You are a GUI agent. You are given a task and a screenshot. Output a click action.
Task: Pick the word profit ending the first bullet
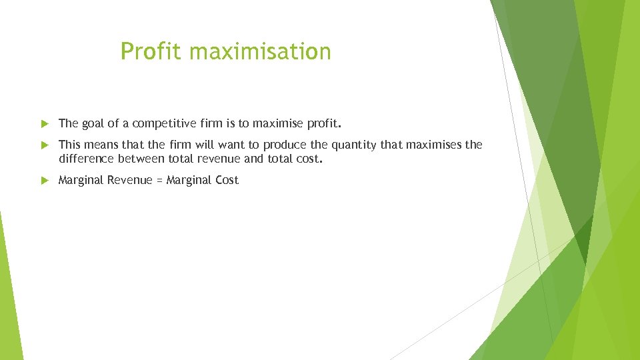324,123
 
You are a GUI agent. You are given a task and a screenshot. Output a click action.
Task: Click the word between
140,159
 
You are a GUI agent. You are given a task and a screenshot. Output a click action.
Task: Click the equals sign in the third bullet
159,181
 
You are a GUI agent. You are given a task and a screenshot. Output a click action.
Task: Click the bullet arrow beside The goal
45,123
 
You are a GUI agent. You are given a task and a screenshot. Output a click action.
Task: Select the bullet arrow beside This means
45,145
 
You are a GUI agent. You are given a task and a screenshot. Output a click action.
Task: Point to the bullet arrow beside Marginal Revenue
45,180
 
